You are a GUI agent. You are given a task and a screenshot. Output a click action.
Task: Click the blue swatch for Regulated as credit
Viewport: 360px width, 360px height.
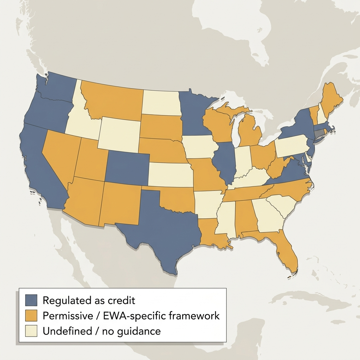coord(31,300)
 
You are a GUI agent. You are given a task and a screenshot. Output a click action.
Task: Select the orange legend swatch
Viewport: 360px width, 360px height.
coord(31,315)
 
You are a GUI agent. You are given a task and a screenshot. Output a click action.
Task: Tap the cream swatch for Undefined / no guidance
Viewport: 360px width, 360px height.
coord(31,331)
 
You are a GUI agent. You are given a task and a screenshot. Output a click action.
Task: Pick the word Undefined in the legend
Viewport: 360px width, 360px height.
coord(64,331)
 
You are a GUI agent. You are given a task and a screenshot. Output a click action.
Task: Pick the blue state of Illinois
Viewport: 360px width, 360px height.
coord(225,162)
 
